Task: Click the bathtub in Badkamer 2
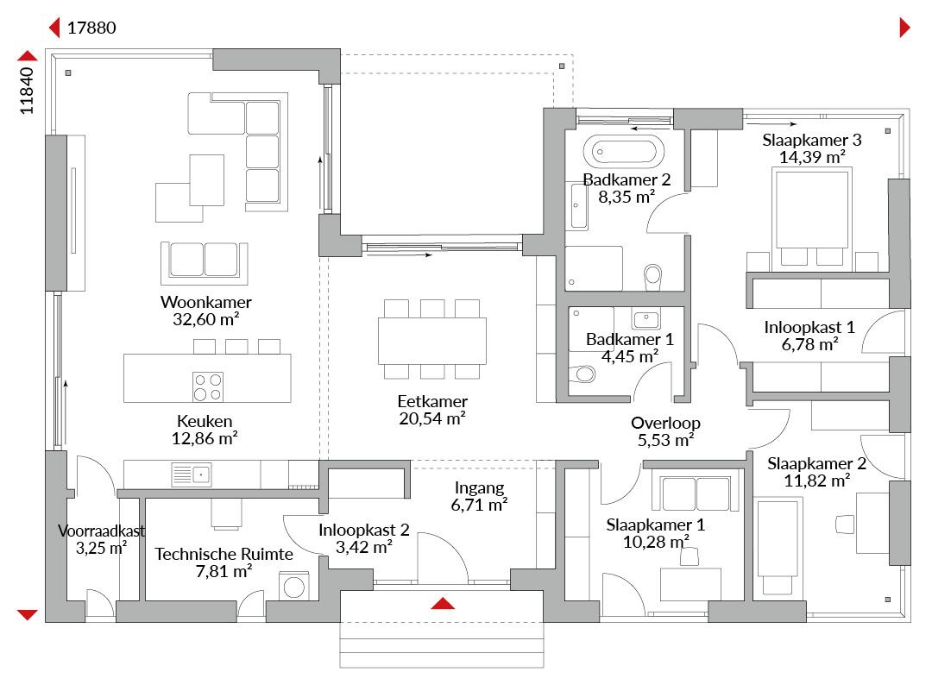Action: tap(624, 152)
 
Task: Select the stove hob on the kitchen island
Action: tap(207, 386)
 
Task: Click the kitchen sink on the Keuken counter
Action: tap(192, 474)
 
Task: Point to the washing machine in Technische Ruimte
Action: tap(294, 586)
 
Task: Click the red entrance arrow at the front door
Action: tap(443, 604)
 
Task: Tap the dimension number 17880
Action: tap(91, 28)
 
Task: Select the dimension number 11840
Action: tap(27, 91)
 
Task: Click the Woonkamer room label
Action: tap(206, 302)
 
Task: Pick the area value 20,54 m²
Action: tap(432, 418)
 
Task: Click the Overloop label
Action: tap(665, 423)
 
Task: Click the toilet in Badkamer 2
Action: tap(652, 277)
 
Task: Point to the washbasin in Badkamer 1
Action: tap(646, 319)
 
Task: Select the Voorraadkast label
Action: tap(101, 531)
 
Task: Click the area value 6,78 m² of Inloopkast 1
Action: tap(809, 344)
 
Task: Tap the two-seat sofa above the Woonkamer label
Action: tap(204, 262)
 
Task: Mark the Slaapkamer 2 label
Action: tap(816, 463)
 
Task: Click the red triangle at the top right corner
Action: tap(904, 28)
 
